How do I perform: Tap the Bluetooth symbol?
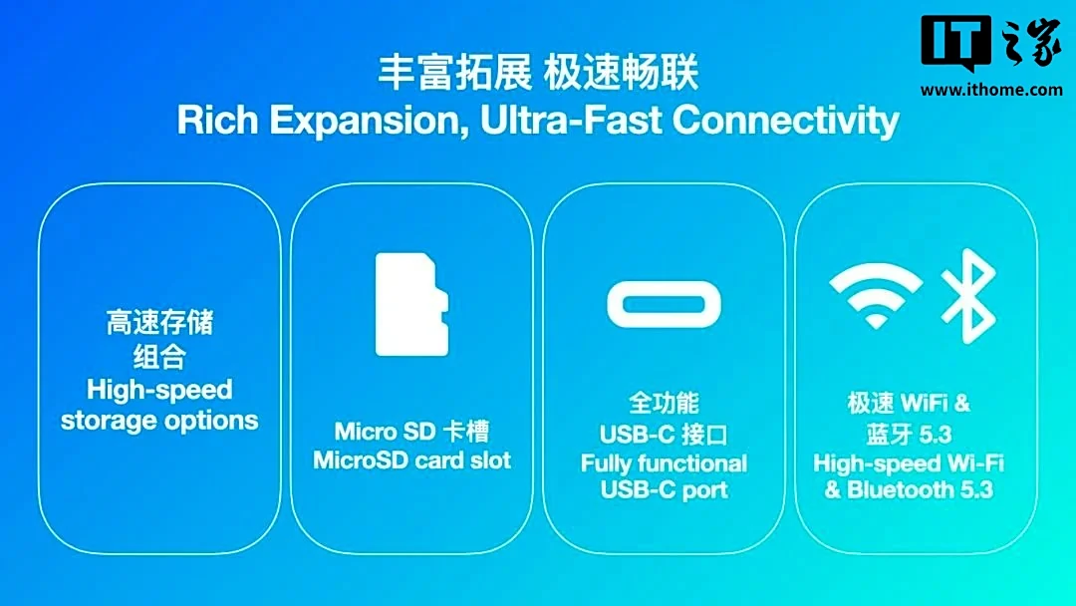(x=968, y=296)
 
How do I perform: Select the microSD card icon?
(x=411, y=305)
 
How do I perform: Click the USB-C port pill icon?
(x=664, y=304)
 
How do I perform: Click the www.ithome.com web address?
(x=991, y=90)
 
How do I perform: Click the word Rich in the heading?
(x=217, y=120)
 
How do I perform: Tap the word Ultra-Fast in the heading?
(x=571, y=120)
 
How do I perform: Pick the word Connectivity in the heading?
(x=786, y=121)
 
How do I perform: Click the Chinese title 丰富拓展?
(x=454, y=73)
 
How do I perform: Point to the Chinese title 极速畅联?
(x=621, y=73)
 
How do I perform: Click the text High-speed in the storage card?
(x=159, y=390)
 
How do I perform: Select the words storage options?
(x=159, y=420)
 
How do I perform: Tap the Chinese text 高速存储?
(x=159, y=323)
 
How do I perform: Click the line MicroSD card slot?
(x=411, y=459)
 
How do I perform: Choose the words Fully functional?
(x=664, y=463)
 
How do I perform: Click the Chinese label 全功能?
(x=664, y=403)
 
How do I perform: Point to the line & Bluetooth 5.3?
(x=909, y=490)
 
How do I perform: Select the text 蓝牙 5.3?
(x=909, y=434)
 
